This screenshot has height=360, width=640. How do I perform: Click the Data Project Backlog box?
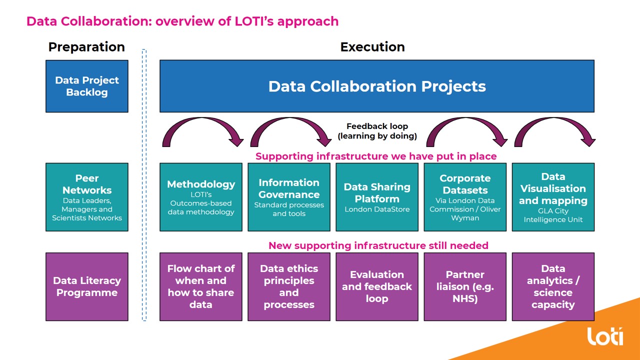click(87, 86)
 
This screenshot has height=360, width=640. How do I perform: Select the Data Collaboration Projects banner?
click(377, 86)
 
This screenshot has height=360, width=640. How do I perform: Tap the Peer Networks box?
click(87, 197)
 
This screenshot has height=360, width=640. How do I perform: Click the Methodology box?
click(201, 197)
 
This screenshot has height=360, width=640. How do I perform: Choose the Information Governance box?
click(289, 197)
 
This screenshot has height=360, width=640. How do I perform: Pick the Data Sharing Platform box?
click(377, 197)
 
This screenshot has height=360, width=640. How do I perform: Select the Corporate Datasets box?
click(465, 197)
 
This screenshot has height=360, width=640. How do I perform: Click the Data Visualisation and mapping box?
click(553, 197)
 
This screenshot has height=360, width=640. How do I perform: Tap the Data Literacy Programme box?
click(87, 286)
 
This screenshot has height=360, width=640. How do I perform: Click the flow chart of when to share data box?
click(201, 286)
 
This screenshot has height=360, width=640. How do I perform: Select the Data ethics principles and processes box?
click(289, 286)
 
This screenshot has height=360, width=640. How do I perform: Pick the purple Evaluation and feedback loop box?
click(377, 286)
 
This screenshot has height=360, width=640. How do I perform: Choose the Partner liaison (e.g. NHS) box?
click(465, 286)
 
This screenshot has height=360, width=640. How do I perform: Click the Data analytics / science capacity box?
click(553, 286)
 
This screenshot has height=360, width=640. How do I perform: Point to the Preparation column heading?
click(86, 47)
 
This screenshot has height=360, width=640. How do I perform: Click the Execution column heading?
click(372, 47)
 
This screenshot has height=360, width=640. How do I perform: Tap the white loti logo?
click(605, 336)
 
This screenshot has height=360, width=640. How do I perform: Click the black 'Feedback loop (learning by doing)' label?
click(377, 131)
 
